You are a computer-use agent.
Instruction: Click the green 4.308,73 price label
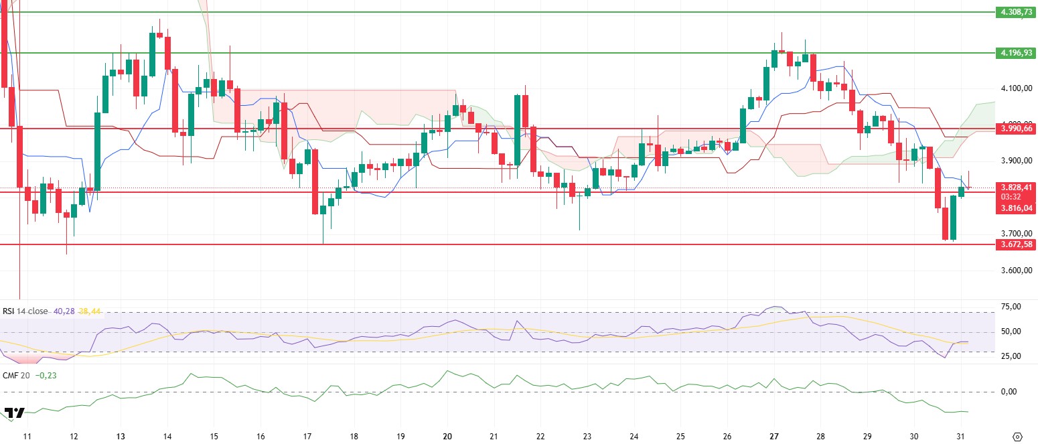[x=1014, y=12]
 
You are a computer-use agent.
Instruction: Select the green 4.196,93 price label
[x=1014, y=52]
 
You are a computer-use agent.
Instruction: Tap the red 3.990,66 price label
[x=1014, y=128]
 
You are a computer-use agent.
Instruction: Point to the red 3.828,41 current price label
[x=1014, y=188]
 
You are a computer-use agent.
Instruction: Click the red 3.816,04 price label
[x=1014, y=208]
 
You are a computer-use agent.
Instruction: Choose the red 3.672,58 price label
[x=1014, y=244]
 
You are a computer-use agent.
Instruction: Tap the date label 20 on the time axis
[x=447, y=436]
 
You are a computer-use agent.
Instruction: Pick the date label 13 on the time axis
[x=121, y=436]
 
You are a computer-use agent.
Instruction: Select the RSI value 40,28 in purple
[x=63, y=311]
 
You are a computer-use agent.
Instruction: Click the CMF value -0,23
[x=46, y=376]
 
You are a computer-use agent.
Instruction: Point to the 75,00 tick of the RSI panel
[x=1011, y=307]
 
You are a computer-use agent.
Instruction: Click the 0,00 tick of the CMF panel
[x=1011, y=392]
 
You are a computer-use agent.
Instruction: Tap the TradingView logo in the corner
[x=14, y=413]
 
